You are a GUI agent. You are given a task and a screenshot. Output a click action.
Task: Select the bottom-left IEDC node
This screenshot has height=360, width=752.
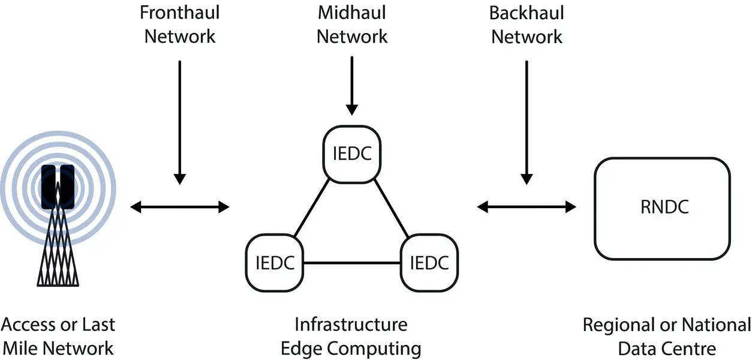click(275, 263)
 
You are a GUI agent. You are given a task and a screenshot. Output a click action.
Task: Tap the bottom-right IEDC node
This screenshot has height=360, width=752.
click(429, 263)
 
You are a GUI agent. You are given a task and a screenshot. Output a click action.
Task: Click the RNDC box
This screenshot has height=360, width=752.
click(662, 208)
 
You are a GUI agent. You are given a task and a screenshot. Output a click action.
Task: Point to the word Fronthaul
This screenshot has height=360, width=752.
click(179, 13)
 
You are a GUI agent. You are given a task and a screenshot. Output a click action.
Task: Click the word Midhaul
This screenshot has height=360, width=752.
click(352, 13)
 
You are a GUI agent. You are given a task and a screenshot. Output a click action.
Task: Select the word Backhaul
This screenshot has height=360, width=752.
click(527, 13)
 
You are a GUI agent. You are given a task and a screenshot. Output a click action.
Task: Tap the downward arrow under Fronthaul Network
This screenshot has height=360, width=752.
click(179, 120)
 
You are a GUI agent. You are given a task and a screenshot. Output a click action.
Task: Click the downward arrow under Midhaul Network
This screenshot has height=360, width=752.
click(352, 84)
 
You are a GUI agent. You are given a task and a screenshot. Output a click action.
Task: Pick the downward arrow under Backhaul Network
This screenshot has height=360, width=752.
click(527, 120)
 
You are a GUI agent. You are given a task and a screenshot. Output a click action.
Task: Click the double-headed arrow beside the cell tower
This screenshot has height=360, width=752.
click(180, 207)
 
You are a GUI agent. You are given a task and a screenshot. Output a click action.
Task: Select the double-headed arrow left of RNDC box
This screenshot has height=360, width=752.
click(527, 207)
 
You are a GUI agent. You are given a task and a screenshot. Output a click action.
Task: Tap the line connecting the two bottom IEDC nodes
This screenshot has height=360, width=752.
click(352, 263)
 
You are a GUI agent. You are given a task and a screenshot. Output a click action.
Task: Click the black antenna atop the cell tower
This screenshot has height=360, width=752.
click(58, 186)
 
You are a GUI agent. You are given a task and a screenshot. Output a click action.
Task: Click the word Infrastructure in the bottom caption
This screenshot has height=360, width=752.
click(351, 325)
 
